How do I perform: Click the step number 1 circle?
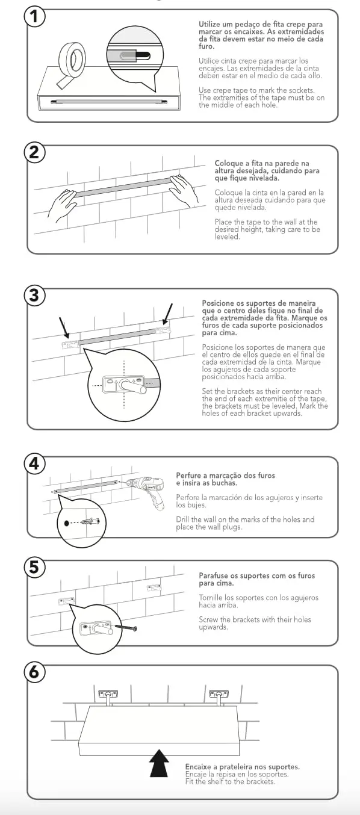coord(34,16)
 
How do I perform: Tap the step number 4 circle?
coord(34,463)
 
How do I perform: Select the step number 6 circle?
coord(34,672)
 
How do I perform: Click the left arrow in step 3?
coord(64,327)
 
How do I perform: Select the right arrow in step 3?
coord(167,314)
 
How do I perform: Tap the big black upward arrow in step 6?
coord(159,763)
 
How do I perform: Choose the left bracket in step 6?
coord(108,698)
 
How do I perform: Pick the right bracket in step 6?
coord(219,698)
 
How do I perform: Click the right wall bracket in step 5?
coord(154,587)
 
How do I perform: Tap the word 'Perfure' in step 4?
coord(188,475)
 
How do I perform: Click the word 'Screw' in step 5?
coord(208,619)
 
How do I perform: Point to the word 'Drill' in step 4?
coord(183,519)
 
